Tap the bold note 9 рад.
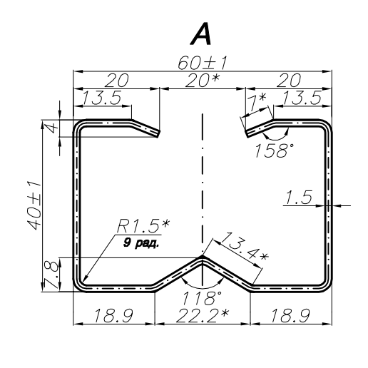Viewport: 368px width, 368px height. pos(139,242)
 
